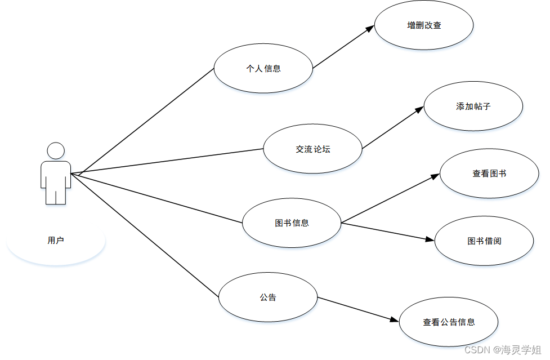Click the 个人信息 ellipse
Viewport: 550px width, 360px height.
[263, 69]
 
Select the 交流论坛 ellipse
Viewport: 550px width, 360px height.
[312, 149]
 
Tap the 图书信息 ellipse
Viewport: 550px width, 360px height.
[292, 223]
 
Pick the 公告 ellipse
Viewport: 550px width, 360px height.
[268, 297]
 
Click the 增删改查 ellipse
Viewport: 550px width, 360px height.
[424, 25]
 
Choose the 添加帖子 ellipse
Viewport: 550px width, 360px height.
[473, 106]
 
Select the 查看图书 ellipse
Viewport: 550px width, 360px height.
[489, 174]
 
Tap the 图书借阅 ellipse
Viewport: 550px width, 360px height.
[484, 241]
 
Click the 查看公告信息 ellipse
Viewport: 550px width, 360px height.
[449, 322]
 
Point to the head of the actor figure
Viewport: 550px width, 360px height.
[56, 151]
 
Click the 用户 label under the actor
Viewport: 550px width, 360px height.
[56, 241]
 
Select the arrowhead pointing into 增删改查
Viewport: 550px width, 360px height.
[370, 28]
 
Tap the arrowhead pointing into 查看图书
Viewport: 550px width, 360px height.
[435, 176]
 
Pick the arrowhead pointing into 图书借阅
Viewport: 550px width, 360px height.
[431, 240]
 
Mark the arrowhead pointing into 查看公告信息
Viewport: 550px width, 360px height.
[395, 320]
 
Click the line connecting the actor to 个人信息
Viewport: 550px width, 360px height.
[146, 121]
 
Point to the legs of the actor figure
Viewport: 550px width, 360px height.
[56, 195]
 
